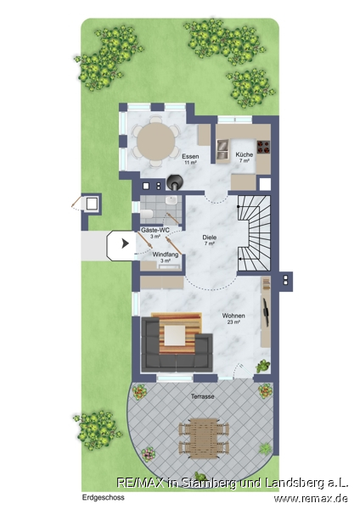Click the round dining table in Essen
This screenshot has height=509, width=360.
click(156, 142)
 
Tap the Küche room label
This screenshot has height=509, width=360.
click(245, 154)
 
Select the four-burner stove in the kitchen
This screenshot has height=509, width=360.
click(263, 147)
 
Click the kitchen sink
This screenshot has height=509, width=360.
click(223, 147)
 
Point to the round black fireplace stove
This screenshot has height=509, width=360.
click(175, 182)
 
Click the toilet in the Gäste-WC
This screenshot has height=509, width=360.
click(147, 215)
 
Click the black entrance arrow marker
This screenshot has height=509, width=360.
click(125, 243)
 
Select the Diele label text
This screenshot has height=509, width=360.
click(209, 238)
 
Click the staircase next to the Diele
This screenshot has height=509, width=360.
click(255, 233)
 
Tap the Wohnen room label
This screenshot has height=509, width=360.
click(233, 316)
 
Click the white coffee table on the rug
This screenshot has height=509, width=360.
click(175, 336)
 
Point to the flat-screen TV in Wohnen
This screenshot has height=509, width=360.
click(266, 310)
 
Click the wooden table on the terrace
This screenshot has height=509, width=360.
click(204, 438)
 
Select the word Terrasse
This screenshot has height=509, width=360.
click(202, 396)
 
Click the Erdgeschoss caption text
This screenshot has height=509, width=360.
click(103, 497)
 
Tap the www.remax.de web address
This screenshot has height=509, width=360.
click(311, 498)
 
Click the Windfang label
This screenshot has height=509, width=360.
click(166, 255)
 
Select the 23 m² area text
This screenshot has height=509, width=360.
click(233, 322)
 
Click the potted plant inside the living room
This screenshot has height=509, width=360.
click(263, 366)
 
